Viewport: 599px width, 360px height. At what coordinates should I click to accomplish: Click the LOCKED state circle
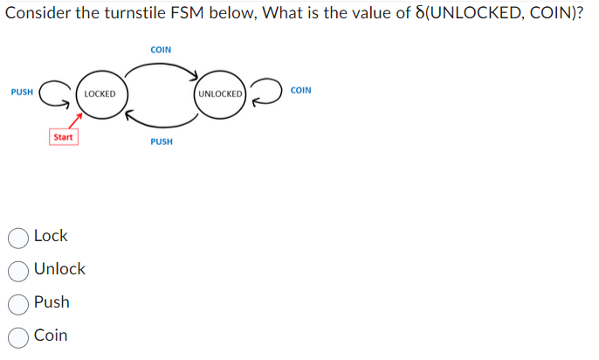100,93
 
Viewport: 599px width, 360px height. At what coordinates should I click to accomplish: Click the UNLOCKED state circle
220,93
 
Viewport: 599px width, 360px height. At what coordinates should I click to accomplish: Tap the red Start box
63,137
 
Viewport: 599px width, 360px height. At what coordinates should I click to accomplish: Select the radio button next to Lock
19,237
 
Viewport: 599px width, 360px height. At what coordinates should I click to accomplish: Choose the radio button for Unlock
19,270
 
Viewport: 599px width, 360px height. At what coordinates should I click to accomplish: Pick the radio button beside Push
19,303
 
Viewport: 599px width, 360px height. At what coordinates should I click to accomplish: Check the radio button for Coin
19,336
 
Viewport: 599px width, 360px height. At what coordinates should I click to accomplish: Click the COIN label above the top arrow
161,50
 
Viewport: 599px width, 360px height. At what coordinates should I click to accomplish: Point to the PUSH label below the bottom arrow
161,142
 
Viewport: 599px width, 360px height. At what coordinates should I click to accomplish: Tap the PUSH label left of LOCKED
22,91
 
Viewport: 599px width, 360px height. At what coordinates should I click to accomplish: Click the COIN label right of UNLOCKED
300,91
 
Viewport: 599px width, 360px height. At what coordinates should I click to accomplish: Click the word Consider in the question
36,15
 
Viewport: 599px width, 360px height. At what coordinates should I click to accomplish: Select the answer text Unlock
59,269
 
